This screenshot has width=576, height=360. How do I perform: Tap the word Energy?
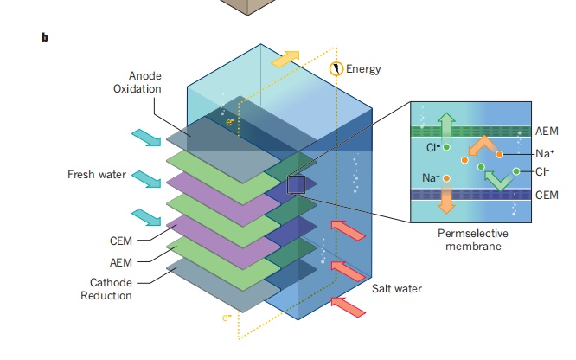tap(362, 68)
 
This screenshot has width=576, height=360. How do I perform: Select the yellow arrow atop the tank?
tap(286, 59)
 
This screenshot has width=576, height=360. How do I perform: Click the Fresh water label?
tap(97, 175)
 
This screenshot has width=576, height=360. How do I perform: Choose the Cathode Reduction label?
tap(111, 289)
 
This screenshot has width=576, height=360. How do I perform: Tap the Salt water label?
tap(394, 287)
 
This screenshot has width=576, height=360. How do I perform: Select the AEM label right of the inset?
tap(547, 131)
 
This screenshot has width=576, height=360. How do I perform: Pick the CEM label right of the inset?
tap(547, 195)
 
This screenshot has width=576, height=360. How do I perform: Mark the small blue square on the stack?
tap(297, 185)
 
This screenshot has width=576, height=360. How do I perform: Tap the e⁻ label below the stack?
tap(227, 318)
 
